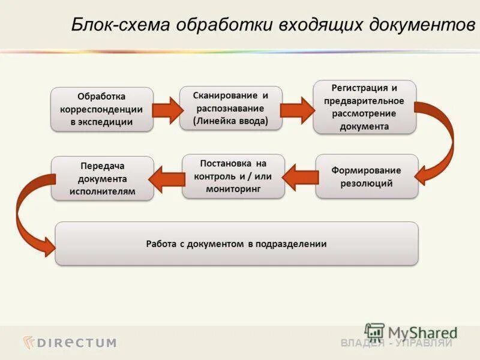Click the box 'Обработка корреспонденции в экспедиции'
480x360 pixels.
(101, 109)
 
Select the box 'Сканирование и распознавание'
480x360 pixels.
(230, 108)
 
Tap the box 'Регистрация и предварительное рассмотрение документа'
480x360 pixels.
(364, 106)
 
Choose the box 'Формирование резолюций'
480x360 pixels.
(367, 176)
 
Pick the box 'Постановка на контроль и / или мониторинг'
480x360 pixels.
(233, 176)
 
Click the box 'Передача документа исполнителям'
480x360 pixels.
(102, 178)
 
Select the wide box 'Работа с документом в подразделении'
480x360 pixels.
(236, 244)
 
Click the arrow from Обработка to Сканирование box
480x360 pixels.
(166, 110)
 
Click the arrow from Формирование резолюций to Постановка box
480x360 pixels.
(300, 177)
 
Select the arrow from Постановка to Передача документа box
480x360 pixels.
(167, 178)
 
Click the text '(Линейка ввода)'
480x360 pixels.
(230, 121)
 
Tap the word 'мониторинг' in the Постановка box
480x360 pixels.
(233, 188)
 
